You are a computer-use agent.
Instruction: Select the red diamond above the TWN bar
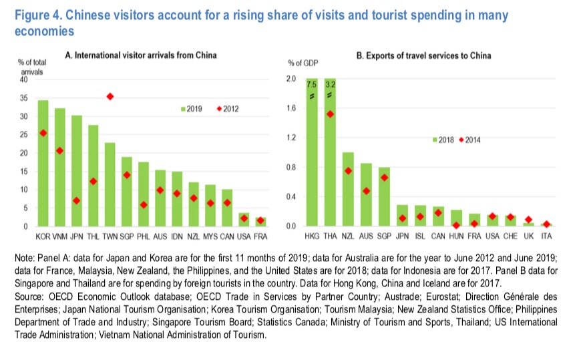pos(110,97)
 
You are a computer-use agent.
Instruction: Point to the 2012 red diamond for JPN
pos(76,200)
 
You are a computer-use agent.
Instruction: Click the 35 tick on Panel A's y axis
pos(24,98)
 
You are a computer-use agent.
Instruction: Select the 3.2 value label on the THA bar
pos(330,84)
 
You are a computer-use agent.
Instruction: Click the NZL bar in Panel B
pos(348,190)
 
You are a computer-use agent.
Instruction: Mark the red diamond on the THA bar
pos(330,114)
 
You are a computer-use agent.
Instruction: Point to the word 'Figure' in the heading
pos(25,15)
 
